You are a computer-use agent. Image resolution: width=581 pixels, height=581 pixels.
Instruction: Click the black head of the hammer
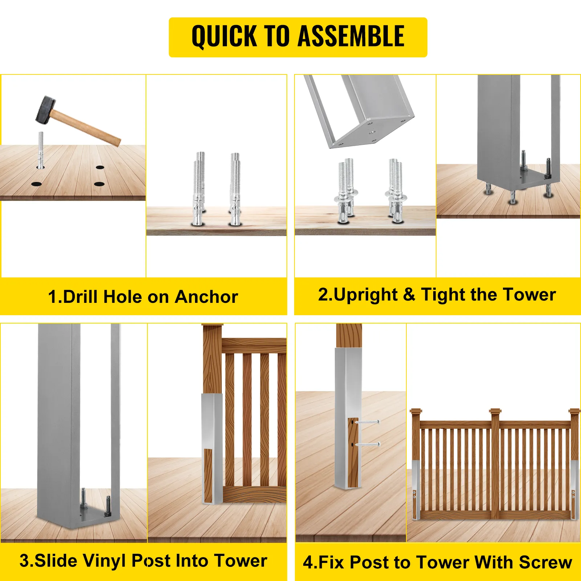pyautogui.click(x=46, y=109)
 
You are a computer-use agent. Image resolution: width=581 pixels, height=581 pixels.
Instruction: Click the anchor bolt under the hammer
pyautogui.click(x=41, y=150)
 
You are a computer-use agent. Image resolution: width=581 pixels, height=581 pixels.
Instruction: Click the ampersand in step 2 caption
pyautogui.click(x=409, y=294)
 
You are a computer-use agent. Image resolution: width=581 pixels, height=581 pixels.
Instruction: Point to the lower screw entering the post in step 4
pyautogui.click(x=367, y=444)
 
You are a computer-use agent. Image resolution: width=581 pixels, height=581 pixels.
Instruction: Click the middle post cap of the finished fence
pyautogui.click(x=495, y=411)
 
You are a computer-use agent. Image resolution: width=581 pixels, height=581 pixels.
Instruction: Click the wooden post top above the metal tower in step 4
pyautogui.click(x=349, y=336)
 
